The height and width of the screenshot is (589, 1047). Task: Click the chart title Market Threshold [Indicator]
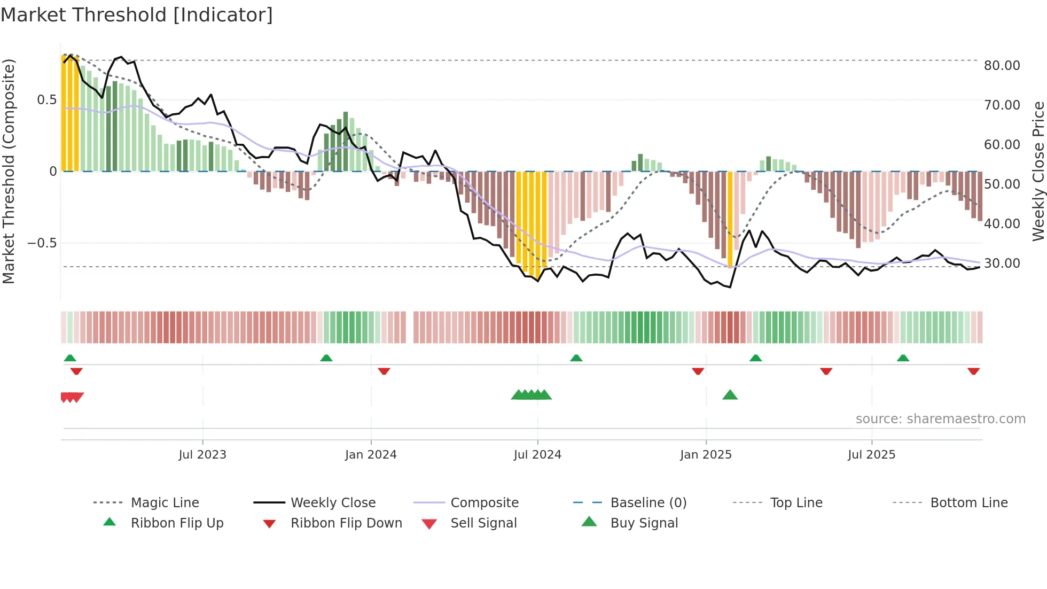click(x=137, y=15)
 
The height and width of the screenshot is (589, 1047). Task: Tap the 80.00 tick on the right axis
click(x=1002, y=66)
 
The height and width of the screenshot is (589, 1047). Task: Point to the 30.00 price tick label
click(x=1002, y=263)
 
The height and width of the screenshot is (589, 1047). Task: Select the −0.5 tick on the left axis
click(x=42, y=243)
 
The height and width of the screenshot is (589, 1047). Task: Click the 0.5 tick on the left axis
click(x=46, y=100)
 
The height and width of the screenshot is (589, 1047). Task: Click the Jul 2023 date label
click(x=202, y=455)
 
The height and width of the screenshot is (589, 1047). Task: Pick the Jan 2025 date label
click(x=706, y=455)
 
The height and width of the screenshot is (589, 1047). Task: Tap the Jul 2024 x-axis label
click(x=537, y=455)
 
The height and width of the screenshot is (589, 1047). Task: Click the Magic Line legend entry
click(x=165, y=503)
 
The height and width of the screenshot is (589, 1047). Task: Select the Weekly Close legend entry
click(x=333, y=503)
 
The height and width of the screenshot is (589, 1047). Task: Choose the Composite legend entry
click(x=485, y=503)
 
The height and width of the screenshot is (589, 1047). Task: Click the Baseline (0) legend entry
click(x=648, y=503)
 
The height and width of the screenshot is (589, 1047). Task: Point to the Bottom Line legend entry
click(x=968, y=503)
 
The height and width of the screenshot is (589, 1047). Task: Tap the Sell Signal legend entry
click(x=483, y=523)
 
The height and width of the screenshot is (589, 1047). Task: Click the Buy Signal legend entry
click(x=644, y=523)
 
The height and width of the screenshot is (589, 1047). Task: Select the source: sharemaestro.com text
click(x=940, y=419)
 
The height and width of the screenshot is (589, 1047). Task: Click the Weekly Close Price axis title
click(x=1038, y=171)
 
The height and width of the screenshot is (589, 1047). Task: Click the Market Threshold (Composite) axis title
click(x=9, y=171)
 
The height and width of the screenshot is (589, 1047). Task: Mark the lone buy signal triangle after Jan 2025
click(x=730, y=395)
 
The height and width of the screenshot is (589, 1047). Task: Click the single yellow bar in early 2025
click(x=730, y=219)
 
